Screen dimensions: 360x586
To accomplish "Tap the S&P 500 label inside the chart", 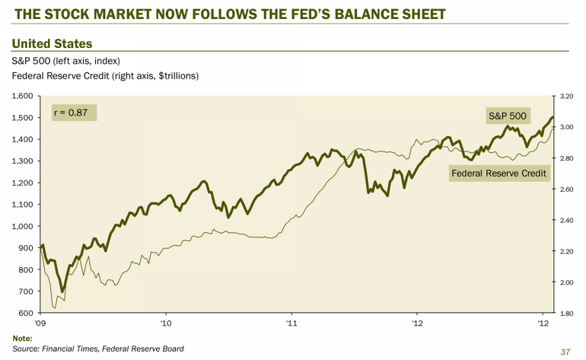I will tap(506, 116).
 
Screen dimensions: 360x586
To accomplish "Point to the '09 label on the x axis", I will tap(40, 323).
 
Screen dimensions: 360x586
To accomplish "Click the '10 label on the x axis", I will tap(166, 323).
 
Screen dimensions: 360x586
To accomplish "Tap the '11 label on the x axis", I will tap(291, 323).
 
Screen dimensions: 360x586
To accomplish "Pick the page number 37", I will tap(564, 352).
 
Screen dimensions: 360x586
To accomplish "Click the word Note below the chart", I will tap(24, 337).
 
